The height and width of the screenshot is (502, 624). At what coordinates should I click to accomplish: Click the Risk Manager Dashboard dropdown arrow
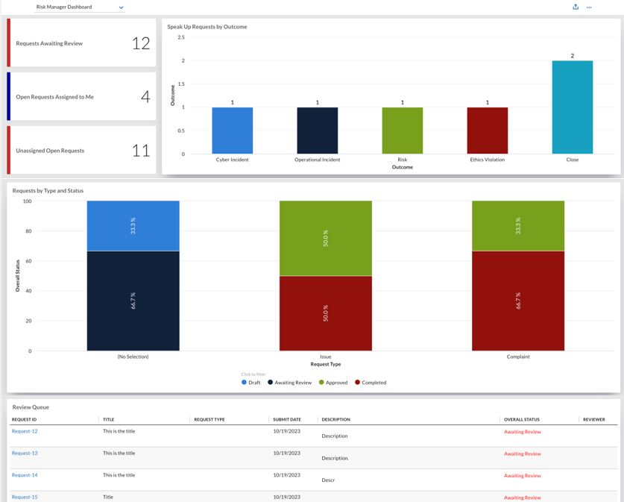click(x=121, y=7)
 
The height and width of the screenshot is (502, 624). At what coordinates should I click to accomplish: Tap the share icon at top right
click(x=576, y=7)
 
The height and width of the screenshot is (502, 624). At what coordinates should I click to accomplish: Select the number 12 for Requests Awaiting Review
click(x=141, y=43)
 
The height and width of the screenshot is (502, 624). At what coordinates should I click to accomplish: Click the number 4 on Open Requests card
click(x=145, y=97)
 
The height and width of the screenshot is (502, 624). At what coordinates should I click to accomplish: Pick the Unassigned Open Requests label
click(x=50, y=151)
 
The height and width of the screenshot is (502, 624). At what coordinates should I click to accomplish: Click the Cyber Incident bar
click(x=233, y=131)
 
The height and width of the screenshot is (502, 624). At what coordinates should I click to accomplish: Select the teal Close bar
click(x=573, y=107)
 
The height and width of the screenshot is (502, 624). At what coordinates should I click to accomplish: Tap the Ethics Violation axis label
click(x=487, y=160)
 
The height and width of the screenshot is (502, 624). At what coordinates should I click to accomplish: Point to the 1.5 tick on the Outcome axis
click(x=181, y=84)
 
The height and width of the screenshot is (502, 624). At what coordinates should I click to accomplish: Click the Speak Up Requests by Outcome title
click(x=207, y=27)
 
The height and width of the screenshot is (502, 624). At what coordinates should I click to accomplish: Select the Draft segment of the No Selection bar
click(x=133, y=226)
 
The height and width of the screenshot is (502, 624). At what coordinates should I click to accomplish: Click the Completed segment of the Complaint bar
click(x=518, y=301)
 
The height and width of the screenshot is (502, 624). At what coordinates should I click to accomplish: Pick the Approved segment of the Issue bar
click(x=326, y=238)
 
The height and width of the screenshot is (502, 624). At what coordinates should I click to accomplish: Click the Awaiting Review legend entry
click(x=290, y=383)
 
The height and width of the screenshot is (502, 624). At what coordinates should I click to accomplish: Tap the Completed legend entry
click(x=371, y=383)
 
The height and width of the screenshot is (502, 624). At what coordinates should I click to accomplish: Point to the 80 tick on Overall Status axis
click(x=28, y=231)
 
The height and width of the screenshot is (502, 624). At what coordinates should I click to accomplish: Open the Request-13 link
click(x=25, y=453)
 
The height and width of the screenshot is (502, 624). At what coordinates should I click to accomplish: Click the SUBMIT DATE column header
click(x=287, y=420)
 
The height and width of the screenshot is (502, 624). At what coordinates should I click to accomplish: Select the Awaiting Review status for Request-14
click(x=523, y=476)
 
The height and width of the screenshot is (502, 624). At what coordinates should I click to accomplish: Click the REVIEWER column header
click(x=593, y=420)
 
